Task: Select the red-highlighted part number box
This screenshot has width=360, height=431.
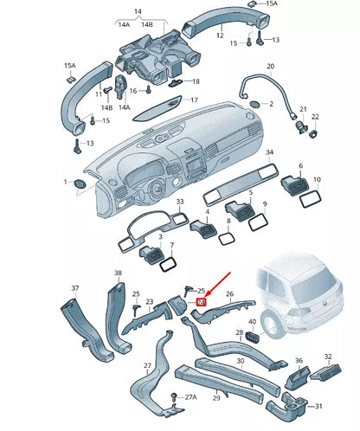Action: click(x=201, y=302)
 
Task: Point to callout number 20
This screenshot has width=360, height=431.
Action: click(x=270, y=67)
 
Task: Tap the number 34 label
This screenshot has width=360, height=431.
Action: click(x=270, y=152)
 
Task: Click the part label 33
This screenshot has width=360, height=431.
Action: click(x=180, y=203)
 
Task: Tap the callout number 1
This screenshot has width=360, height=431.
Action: click(x=66, y=182)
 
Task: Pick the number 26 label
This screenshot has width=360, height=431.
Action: click(x=230, y=294)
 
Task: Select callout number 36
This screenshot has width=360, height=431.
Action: click(x=298, y=360)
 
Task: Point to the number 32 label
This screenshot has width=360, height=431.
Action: click(x=327, y=356)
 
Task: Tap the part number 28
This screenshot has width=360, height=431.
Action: click(x=239, y=333)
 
